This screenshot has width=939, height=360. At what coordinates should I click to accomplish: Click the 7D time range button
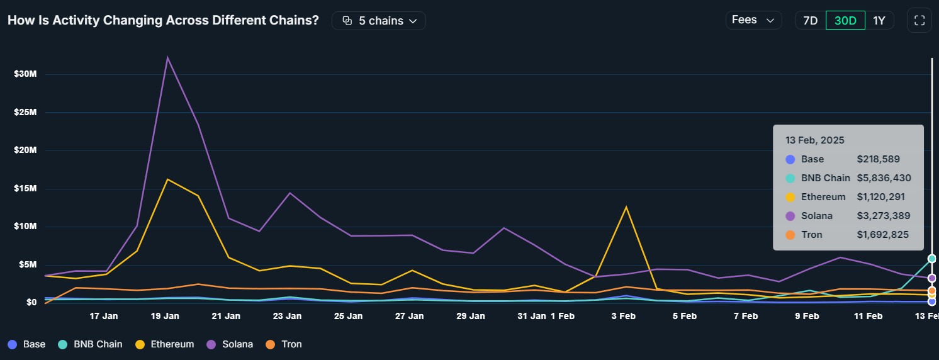(x=810, y=20)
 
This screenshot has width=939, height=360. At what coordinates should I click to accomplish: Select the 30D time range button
(x=845, y=20)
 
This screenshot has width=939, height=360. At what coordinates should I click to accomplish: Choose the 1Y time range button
(x=879, y=20)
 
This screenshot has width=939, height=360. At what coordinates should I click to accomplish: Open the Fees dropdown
(x=753, y=20)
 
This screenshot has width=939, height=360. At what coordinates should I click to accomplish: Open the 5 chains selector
(x=379, y=21)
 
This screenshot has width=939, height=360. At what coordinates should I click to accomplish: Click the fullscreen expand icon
(x=919, y=20)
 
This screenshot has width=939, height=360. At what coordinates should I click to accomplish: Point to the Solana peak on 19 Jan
(x=167, y=58)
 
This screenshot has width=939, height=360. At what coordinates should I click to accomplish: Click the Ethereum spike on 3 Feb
(x=626, y=207)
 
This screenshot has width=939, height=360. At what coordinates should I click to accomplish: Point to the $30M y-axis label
(x=26, y=74)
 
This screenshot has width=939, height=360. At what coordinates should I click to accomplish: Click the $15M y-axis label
(x=26, y=188)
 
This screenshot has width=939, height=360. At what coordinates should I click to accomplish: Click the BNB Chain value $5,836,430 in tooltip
(x=884, y=178)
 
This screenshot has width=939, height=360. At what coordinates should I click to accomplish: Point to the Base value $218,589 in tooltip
(x=878, y=159)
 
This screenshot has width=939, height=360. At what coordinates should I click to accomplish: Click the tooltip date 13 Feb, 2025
(x=814, y=140)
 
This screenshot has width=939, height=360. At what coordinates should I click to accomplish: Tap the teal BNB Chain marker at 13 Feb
(x=931, y=259)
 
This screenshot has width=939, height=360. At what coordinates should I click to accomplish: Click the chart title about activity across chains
(x=163, y=20)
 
